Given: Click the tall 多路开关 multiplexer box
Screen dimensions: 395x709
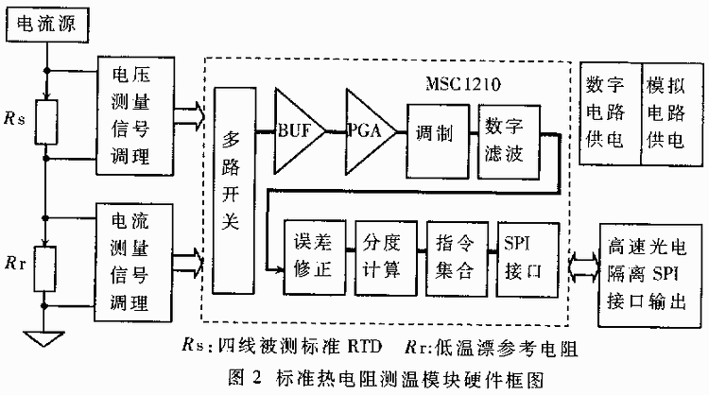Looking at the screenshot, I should (233, 189).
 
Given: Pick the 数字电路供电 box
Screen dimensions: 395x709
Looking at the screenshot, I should (607, 115).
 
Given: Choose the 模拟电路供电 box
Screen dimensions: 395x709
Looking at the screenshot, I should (668, 115).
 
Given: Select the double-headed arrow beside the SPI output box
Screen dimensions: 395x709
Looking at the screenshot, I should (580, 268).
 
